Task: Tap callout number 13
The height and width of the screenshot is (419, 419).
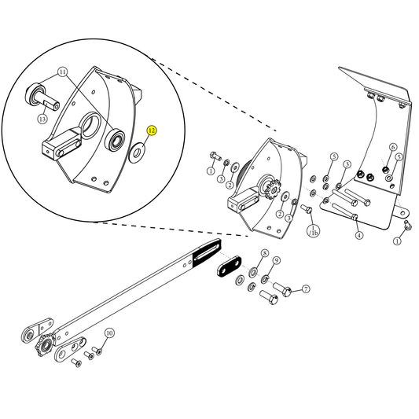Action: coord(42,119)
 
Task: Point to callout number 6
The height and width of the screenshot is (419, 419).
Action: coord(392,147)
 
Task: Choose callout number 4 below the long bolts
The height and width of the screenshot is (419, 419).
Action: coord(358,235)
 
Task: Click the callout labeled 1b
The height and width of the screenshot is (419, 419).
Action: coord(313,233)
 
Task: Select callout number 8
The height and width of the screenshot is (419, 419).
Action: coord(264,254)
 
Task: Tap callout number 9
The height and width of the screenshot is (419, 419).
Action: coord(277,261)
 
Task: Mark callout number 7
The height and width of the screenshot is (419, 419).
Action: coord(306,289)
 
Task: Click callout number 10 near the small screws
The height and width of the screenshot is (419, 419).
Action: coord(109,333)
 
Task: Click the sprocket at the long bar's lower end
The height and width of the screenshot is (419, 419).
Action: coord(43,345)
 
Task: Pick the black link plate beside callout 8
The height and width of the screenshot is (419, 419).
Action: coord(233,269)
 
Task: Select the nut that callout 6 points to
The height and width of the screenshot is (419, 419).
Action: coord(385,167)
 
